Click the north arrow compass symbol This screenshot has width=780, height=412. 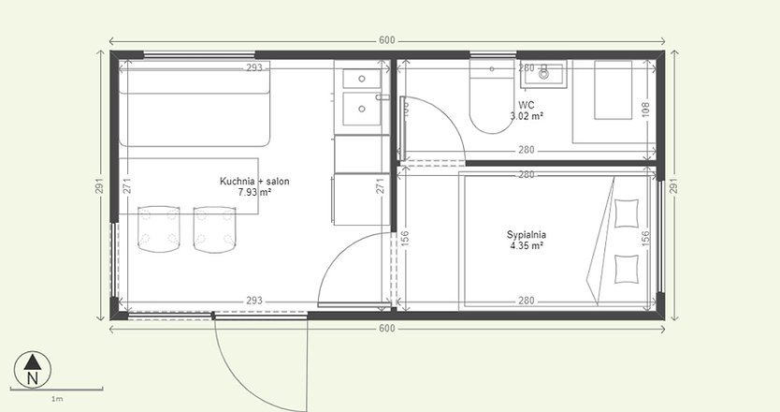pyautogui.click(x=33, y=367)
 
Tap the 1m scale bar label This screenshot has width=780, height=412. pyautogui.click(x=57, y=399)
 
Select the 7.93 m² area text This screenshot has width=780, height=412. pyautogui.click(x=253, y=192)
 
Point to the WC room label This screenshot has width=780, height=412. pyautogui.click(x=526, y=105)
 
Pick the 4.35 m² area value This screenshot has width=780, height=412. pyautogui.click(x=527, y=245)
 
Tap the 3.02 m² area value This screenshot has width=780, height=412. pyautogui.click(x=527, y=117)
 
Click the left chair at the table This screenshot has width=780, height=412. pyautogui.click(x=158, y=228)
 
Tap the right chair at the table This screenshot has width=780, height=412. pyautogui.click(x=214, y=228)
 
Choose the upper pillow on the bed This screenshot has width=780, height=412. pyautogui.click(x=628, y=215)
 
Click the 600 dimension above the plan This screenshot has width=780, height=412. pyautogui.click(x=387, y=40)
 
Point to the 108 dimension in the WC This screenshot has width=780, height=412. pyautogui.click(x=643, y=108)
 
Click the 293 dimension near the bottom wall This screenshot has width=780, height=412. pyautogui.click(x=253, y=302)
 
